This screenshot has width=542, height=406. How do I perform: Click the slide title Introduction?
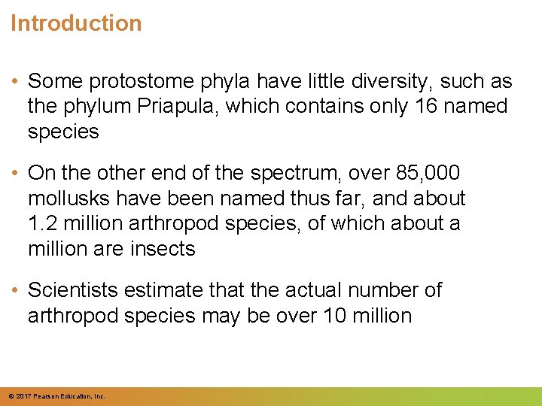pos(76,23)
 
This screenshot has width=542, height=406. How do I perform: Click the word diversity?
pos(381,81)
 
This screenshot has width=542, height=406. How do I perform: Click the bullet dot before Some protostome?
pos(15,81)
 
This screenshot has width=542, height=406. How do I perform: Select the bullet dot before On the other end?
pos(15,173)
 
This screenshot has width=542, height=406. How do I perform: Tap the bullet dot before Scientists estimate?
pos(15,289)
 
